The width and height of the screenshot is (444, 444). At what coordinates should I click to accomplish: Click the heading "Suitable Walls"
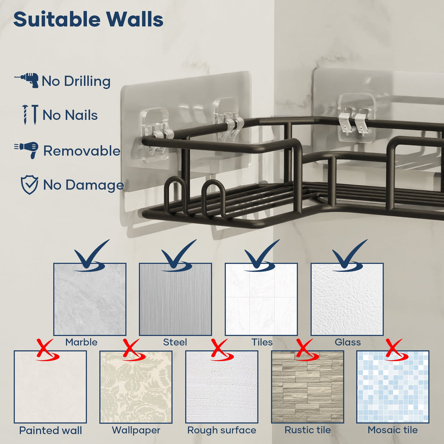pyautogui.click(x=88, y=19)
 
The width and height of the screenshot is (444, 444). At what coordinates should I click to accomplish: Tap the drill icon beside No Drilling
pyautogui.click(x=27, y=80)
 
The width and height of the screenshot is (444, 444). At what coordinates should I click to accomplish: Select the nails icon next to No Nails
pyautogui.click(x=30, y=114)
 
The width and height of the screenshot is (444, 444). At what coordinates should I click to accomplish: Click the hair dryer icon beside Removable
pyautogui.click(x=26, y=150)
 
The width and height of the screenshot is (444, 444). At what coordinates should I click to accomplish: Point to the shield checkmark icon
pyautogui.click(x=29, y=185)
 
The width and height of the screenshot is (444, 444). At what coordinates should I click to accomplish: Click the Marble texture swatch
pyautogui.click(x=90, y=299)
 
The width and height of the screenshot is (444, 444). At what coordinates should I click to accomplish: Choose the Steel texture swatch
pyautogui.click(x=175, y=299)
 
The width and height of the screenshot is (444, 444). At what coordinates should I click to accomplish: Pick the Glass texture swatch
pyautogui.click(x=347, y=299)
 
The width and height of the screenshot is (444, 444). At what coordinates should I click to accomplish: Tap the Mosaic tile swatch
pyautogui.click(x=393, y=387)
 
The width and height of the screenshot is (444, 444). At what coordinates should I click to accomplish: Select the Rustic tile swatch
pyautogui.click(x=307, y=387)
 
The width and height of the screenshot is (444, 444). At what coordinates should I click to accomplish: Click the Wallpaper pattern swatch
pyautogui.click(x=136, y=387)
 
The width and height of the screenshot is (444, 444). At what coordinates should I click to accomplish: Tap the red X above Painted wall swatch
pyautogui.click(x=47, y=350)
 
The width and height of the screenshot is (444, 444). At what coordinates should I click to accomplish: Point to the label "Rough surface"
pyautogui.click(x=222, y=430)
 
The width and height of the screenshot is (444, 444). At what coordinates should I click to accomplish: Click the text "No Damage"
pyautogui.click(x=84, y=185)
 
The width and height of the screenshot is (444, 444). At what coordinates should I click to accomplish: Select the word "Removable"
pyautogui.click(x=82, y=150)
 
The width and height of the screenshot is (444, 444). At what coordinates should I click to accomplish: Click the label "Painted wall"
pyautogui.click(x=50, y=431)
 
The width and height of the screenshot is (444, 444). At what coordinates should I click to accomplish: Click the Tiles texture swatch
pyautogui.click(x=261, y=299)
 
